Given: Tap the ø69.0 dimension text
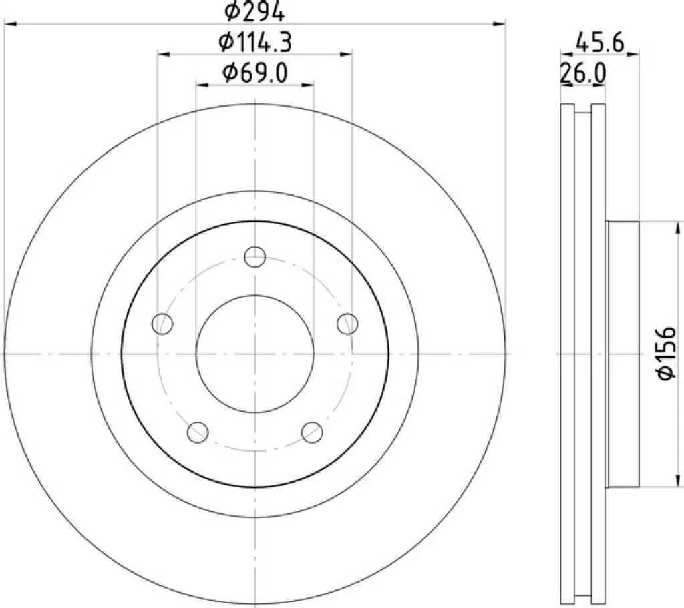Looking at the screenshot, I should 254,73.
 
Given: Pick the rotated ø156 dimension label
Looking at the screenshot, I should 667,354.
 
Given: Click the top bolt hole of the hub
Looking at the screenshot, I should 254,256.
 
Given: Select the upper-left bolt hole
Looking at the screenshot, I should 163,324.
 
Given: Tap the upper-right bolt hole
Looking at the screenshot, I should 347,324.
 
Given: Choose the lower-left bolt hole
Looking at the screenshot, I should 198,432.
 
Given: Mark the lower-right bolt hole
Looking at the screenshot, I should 312,432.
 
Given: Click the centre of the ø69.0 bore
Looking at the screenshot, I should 254,354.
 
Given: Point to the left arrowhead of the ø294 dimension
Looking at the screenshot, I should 9,24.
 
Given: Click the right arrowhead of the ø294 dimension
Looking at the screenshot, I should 500,24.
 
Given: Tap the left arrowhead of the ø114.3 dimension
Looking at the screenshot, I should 164,54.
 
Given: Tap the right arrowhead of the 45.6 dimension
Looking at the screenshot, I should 635,53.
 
